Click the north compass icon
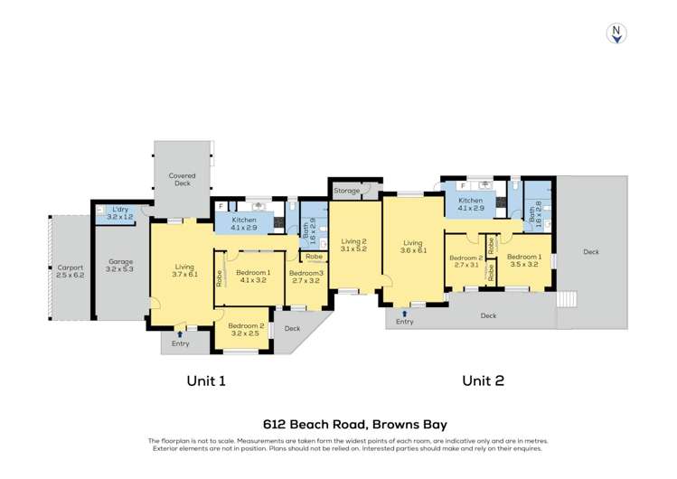tap(616, 33)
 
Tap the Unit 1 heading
tap(205, 380)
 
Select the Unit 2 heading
tap(483, 380)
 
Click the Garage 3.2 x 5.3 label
tap(120, 265)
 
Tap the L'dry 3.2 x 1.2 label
tap(119, 213)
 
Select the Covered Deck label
tap(183, 179)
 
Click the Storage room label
tap(346, 191)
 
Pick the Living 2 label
tap(353, 244)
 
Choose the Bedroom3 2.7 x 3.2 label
tap(305, 277)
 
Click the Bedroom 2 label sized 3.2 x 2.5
tap(246, 329)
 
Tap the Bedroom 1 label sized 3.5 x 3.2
tap(525, 260)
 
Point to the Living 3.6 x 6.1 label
tap(412, 247)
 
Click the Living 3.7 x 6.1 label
tap(184, 270)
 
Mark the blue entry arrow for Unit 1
tap(180, 334)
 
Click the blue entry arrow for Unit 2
tap(404, 313)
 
